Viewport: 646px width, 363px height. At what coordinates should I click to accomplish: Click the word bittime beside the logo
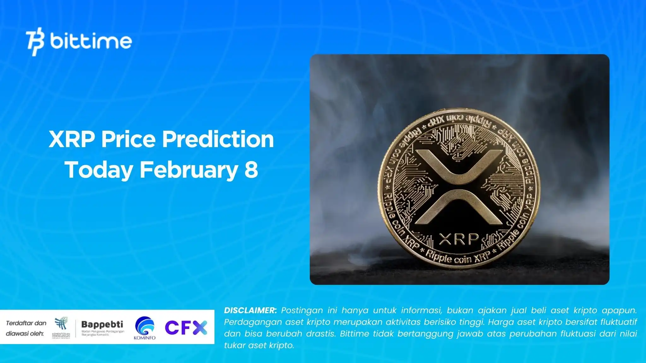[x=91, y=41]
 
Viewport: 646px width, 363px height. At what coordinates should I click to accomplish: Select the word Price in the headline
[x=128, y=139]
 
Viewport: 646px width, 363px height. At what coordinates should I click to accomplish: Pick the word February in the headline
[x=188, y=170]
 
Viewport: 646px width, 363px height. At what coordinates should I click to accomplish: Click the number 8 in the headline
[x=251, y=170]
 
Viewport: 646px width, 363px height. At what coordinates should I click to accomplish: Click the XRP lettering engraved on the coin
[x=459, y=239]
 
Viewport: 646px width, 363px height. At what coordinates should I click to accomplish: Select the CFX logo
[x=186, y=327]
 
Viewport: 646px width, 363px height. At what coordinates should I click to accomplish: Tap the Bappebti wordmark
[x=102, y=324]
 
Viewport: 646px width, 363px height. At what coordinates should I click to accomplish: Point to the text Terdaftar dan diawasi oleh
[x=26, y=328]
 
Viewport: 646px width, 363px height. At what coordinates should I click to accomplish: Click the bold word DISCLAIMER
[x=250, y=310]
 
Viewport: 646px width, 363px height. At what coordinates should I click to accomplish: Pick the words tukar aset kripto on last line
[x=259, y=345]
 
